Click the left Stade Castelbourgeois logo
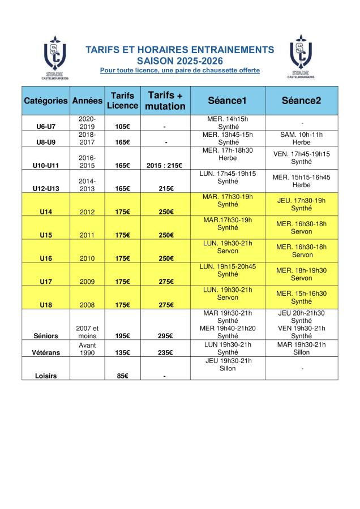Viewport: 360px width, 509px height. tap(55, 58)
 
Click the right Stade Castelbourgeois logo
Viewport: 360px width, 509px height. tap(302, 57)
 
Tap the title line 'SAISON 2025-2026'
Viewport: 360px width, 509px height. tap(179, 60)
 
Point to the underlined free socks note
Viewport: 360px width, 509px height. tap(179, 70)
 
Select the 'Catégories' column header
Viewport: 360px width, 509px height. tap(46, 101)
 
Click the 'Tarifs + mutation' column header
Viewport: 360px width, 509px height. tap(165, 101)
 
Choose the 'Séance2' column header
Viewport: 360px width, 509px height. tap(301, 101)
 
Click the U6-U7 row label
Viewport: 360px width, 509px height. tap(46, 127)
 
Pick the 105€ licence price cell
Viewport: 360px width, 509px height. tap(122, 127)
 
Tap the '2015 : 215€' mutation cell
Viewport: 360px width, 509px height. tap(165, 165)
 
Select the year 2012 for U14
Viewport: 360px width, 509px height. tap(88, 212)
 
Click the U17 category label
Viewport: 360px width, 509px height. tap(46, 281)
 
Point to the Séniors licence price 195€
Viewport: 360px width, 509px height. tap(122, 335)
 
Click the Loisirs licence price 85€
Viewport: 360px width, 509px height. tap(122, 375)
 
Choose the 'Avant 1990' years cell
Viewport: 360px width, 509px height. tap(88, 348)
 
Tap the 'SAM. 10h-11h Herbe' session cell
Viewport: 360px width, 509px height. tap(301, 139)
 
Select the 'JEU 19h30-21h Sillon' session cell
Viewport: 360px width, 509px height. tap(227, 364)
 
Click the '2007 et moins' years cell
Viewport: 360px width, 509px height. tap(88, 331)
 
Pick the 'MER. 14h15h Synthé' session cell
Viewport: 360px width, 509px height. tap(227, 123)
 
